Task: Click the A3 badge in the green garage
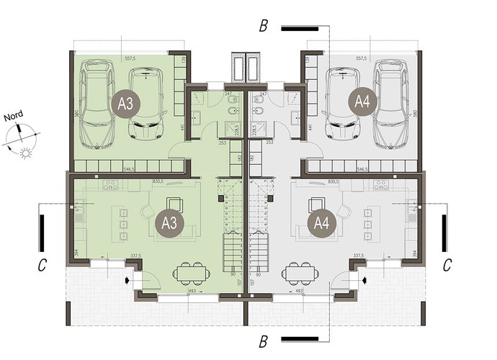126,103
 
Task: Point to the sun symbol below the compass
27,153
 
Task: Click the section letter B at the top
264,28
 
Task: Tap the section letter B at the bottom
264,338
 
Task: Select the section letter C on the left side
42,266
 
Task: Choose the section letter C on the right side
447,266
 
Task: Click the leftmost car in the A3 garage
96,102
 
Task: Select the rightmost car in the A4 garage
390,102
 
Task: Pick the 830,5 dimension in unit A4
336,183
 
